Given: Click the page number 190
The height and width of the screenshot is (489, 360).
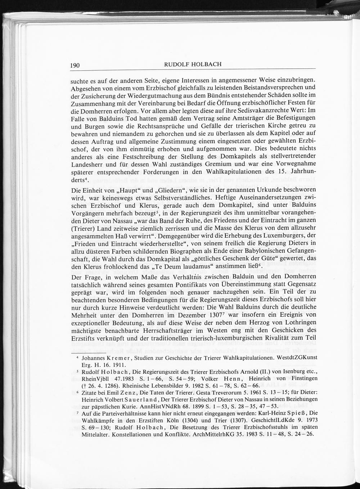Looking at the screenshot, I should point(75,65).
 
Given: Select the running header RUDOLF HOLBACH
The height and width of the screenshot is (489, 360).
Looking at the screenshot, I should point(193,64).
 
